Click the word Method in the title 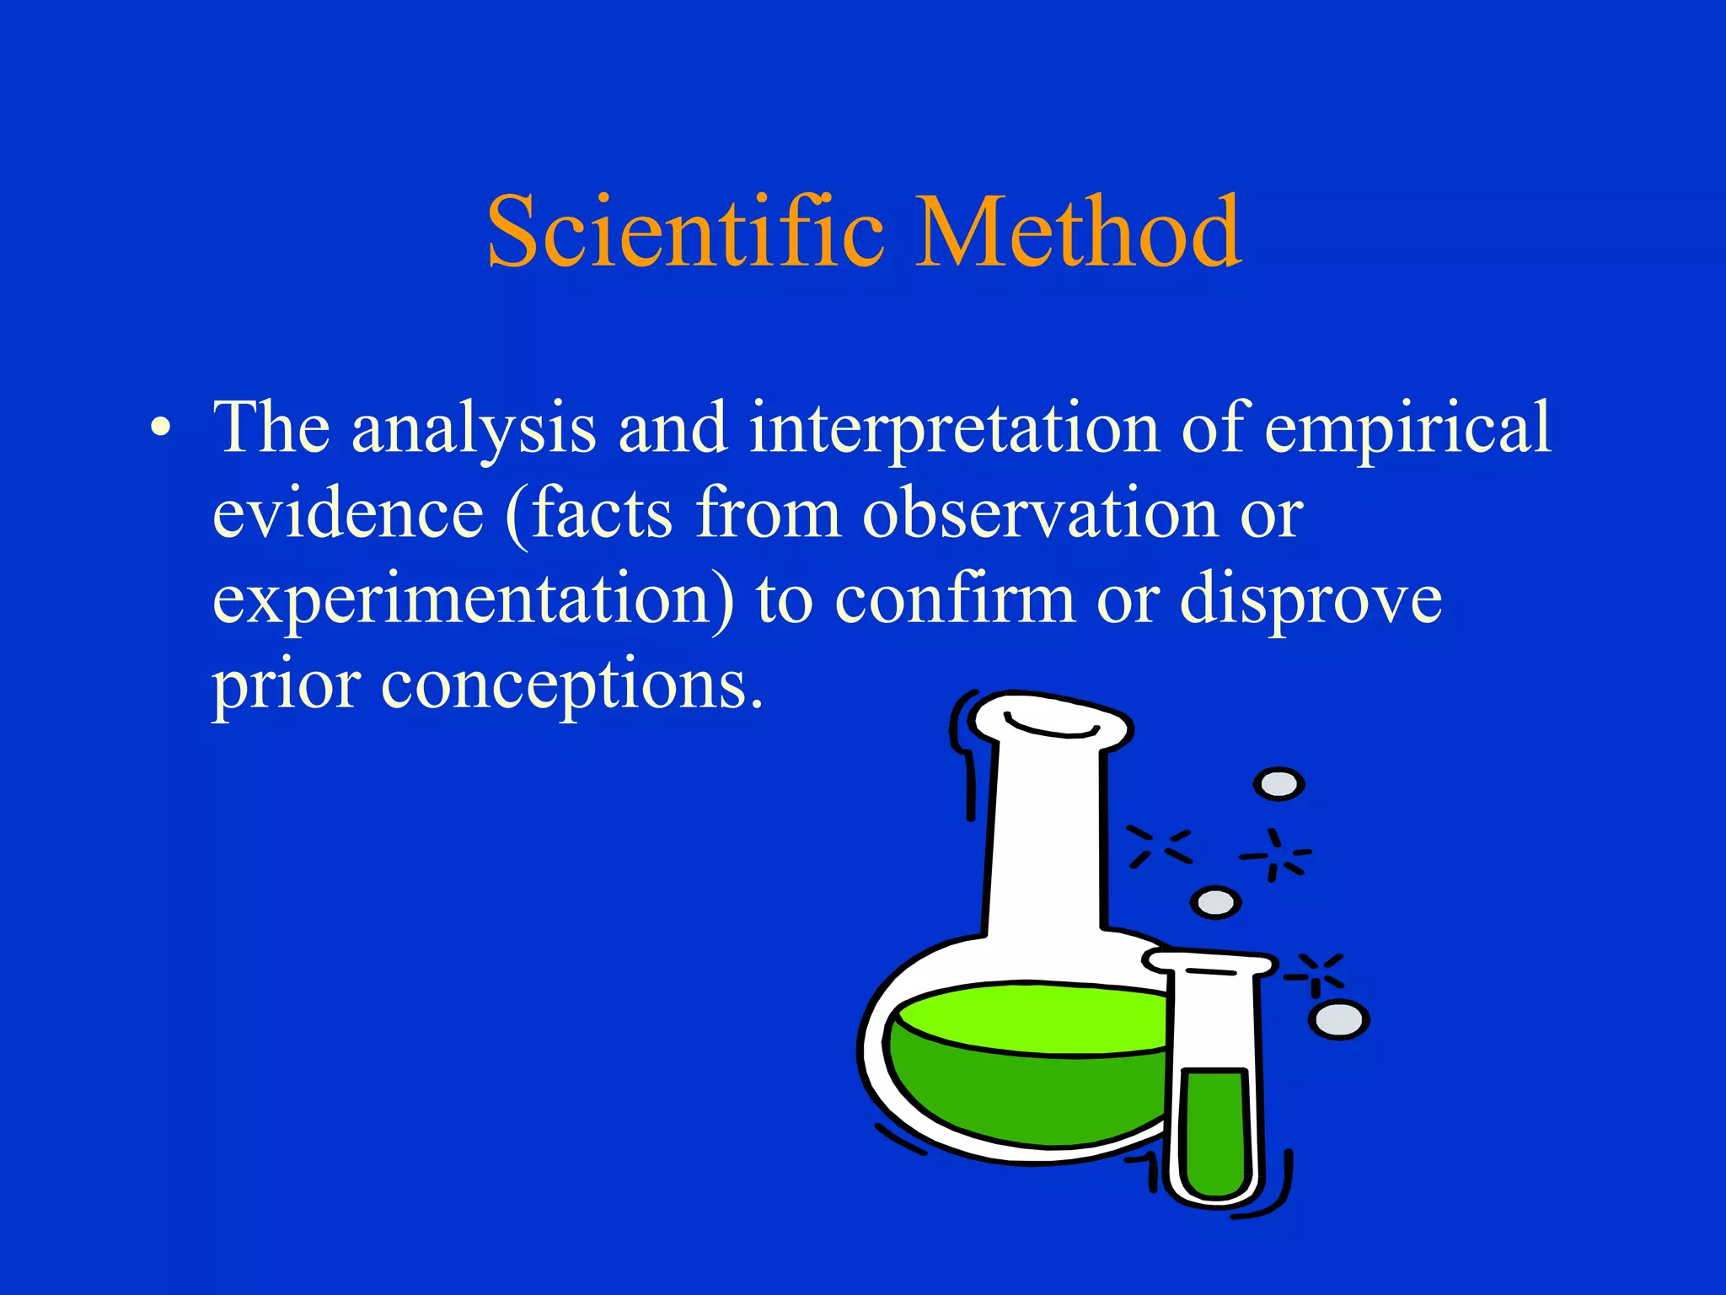(1078, 232)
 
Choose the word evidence (347, 513)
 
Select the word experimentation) (473, 600)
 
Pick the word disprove (1310, 600)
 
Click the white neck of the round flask (1045, 843)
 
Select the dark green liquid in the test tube (1214, 1130)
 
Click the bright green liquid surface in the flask (1028, 1016)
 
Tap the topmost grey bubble (1278, 784)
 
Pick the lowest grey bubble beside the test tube (1338, 1020)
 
